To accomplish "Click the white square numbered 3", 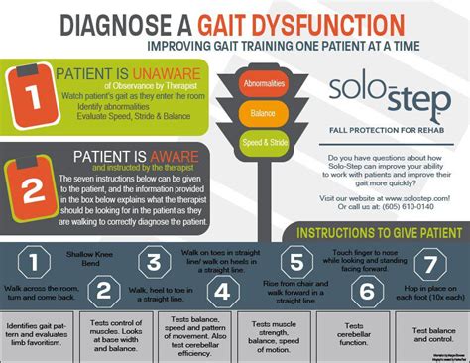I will pyautogui.click(x=154, y=262).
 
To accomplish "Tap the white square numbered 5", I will pyautogui.click(x=294, y=262).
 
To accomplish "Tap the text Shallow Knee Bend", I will pyautogui.click(x=83, y=260).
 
